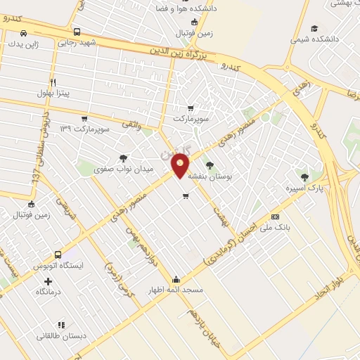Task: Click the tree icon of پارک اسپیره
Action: (x=304, y=177)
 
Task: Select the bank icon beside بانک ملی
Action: (x=275, y=217)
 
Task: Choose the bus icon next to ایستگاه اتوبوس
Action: (x=58, y=255)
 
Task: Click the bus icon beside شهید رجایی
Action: (x=77, y=32)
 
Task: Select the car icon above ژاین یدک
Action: (x=25, y=33)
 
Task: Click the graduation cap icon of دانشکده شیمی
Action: (x=314, y=28)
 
